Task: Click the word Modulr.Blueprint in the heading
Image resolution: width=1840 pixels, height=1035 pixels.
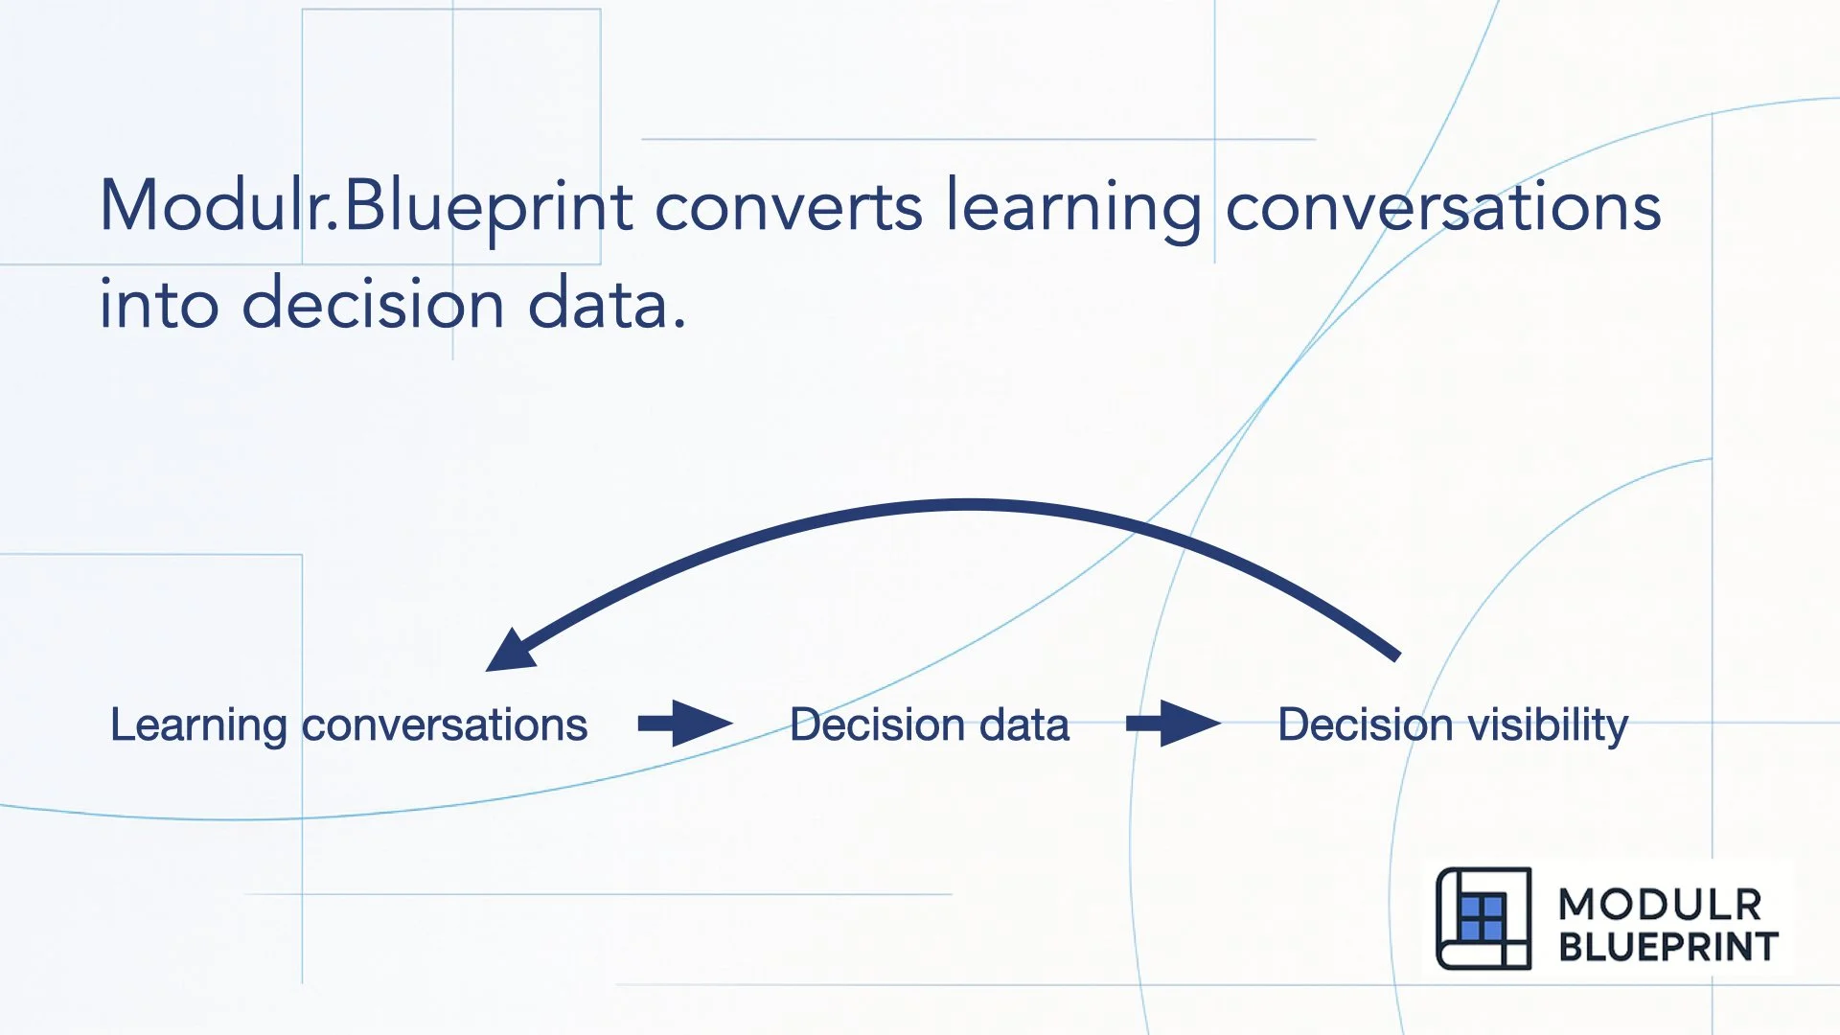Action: click(x=366, y=207)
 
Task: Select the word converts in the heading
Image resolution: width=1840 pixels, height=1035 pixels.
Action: click(x=788, y=207)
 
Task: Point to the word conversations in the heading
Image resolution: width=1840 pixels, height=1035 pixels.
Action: click(x=1442, y=207)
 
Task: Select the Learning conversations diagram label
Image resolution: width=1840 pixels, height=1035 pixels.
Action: click(x=349, y=724)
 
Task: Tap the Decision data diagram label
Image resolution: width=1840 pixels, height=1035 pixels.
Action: click(x=929, y=724)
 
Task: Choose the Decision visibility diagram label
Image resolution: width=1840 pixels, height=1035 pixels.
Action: click(x=1452, y=724)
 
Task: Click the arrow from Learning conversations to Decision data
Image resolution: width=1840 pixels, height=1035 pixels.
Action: click(x=685, y=723)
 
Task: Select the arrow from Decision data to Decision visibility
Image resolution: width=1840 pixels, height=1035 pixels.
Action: click(x=1173, y=723)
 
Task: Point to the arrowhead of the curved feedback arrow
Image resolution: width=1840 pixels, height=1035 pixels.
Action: click(x=508, y=653)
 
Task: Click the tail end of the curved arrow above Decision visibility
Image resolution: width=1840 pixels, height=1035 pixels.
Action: click(x=1394, y=655)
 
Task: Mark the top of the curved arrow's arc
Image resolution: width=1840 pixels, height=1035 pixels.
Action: click(x=968, y=505)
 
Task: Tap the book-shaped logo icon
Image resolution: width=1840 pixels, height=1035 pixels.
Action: click(x=1483, y=918)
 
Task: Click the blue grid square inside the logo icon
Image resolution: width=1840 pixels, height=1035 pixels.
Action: click(x=1482, y=918)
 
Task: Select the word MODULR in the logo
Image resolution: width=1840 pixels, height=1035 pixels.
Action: click(x=1660, y=905)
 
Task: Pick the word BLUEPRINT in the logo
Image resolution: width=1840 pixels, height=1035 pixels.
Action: click(x=1667, y=947)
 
